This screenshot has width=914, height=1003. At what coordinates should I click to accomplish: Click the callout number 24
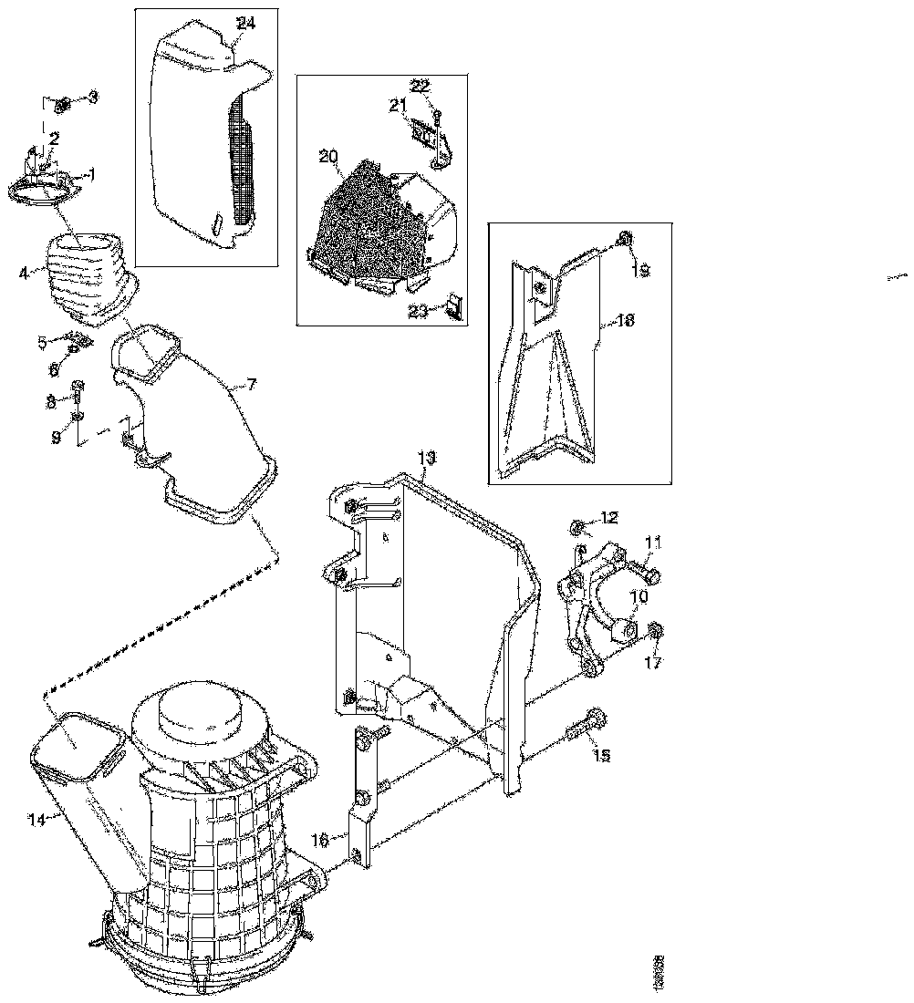(x=245, y=22)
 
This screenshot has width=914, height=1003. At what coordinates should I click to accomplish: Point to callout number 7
(x=252, y=385)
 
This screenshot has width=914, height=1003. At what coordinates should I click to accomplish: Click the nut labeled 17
(x=657, y=632)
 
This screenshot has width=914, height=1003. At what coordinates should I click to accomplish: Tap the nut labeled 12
(x=578, y=526)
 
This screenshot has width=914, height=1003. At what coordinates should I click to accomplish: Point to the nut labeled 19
(x=624, y=240)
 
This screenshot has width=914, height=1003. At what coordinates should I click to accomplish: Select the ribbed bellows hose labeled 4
(x=77, y=274)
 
